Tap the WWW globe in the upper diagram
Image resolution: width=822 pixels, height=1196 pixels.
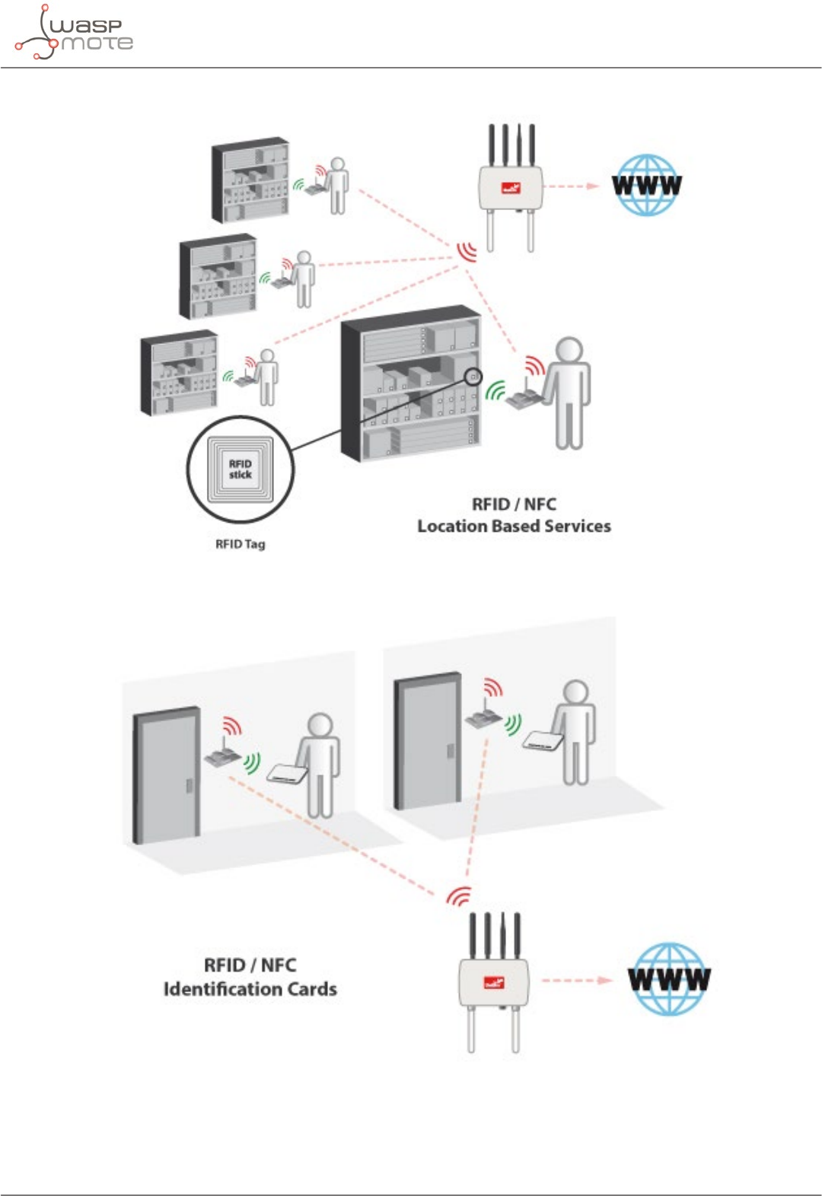pyautogui.click(x=646, y=186)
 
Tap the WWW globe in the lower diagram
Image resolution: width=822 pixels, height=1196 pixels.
pyautogui.click(x=669, y=979)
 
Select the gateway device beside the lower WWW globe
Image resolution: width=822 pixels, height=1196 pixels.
pyautogui.click(x=494, y=981)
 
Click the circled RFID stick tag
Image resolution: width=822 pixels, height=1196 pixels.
pyautogui.click(x=241, y=469)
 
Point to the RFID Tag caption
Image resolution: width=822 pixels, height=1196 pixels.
pyautogui.click(x=241, y=544)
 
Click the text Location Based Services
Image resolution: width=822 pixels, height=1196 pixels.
pyautogui.click(x=514, y=526)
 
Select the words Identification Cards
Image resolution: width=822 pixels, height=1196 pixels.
pyautogui.click(x=250, y=989)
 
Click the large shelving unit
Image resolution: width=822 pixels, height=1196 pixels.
pyautogui.click(x=412, y=384)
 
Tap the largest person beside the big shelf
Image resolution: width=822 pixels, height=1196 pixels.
pyautogui.click(x=568, y=392)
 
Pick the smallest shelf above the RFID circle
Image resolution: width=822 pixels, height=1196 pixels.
pyautogui.click(x=180, y=373)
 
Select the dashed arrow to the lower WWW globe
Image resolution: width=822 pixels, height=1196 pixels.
pyautogui.click(x=576, y=980)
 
